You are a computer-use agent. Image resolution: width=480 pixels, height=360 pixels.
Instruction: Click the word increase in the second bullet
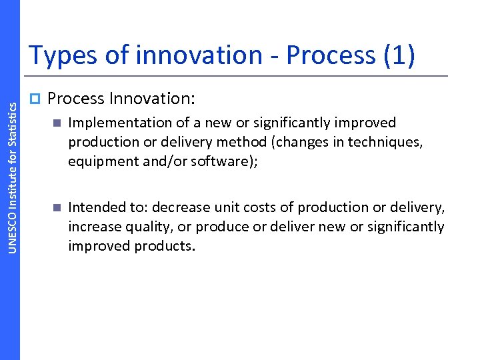pos(93,227)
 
